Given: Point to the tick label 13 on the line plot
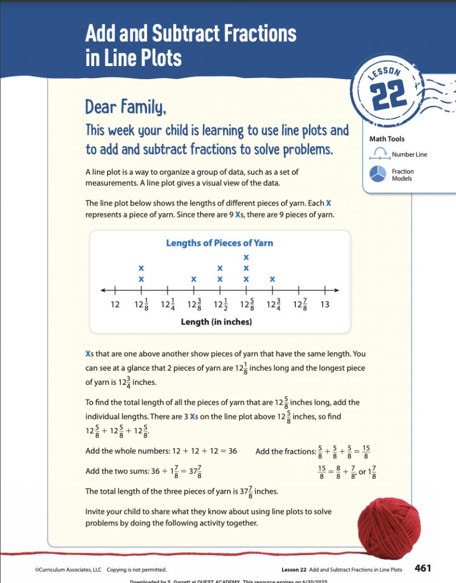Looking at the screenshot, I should pyautogui.click(x=325, y=305).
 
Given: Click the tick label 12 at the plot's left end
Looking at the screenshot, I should pyautogui.click(x=115, y=305).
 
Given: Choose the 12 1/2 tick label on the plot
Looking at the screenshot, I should pyautogui.click(x=221, y=305).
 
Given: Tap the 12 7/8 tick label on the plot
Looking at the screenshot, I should pyautogui.click(x=299, y=305).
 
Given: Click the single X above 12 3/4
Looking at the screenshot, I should pyautogui.click(x=272, y=280).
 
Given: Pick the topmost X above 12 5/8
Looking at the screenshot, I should pyautogui.click(x=246, y=258).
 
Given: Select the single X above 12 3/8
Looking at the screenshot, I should pyautogui.click(x=194, y=280).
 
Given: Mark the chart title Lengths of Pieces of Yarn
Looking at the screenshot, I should pyautogui.click(x=219, y=243).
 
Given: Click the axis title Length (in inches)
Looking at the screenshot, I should pyautogui.click(x=216, y=322).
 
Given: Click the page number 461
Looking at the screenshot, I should pyautogui.click(x=423, y=568).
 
